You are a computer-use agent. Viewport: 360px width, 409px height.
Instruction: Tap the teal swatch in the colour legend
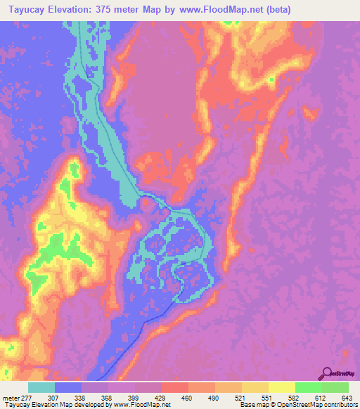pyautogui.click(x=41, y=388)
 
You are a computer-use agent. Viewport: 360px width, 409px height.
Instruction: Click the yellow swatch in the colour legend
pyautogui.click(x=282, y=388)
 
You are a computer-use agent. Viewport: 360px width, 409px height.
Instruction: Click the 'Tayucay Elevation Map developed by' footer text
pyautogui.click(x=49, y=405)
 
